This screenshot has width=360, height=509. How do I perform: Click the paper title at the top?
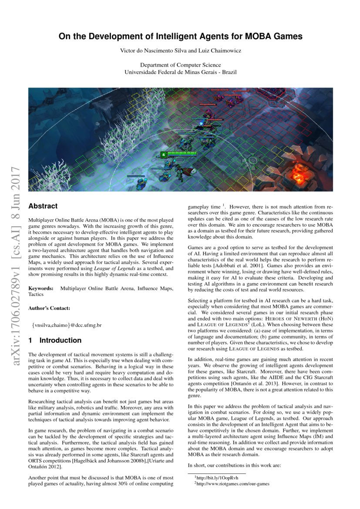click(x=180, y=37)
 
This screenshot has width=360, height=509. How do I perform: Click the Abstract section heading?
click(x=43, y=206)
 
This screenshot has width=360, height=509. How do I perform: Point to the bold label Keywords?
click(x=41, y=289)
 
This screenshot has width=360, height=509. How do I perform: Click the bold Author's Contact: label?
click(x=49, y=308)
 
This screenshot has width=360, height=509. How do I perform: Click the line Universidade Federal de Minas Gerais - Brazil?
click(x=180, y=72)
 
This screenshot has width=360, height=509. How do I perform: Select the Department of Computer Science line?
click(x=180, y=65)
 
